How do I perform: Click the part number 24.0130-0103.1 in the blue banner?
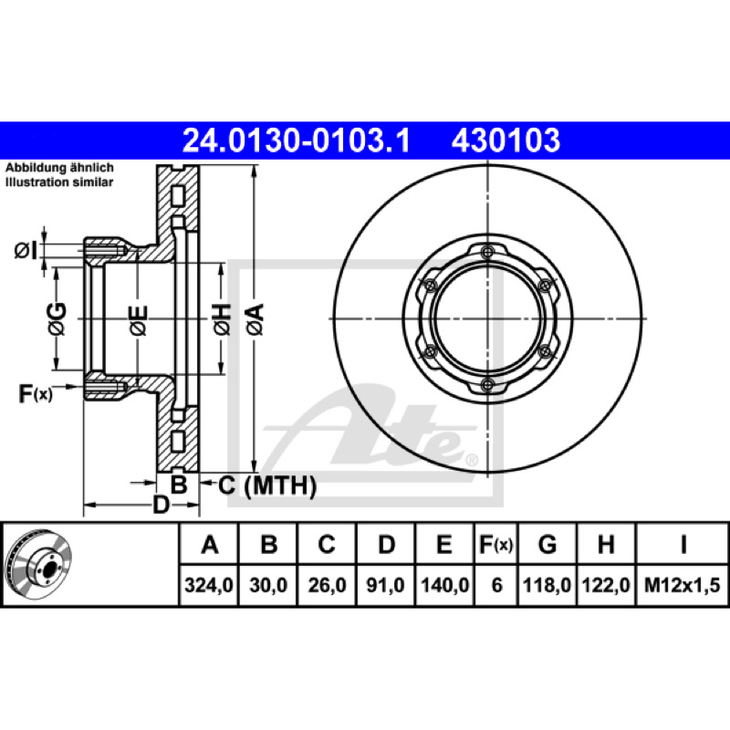[x=296, y=141]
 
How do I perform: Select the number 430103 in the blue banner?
[x=506, y=141]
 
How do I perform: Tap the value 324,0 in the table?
[x=209, y=585]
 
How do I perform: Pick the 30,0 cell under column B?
[x=268, y=585]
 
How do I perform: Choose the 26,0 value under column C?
[x=327, y=585]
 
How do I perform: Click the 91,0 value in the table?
[x=385, y=585]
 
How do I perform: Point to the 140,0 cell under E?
[x=444, y=585]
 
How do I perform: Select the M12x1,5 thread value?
[x=682, y=585]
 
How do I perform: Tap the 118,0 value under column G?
[x=547, y=585]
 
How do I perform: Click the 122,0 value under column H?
[x=606, y=585]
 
